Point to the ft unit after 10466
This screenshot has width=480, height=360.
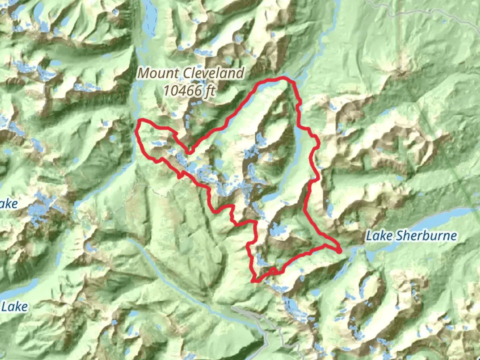tap(209, 91)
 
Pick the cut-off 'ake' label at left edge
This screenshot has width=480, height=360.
tap(9, 204)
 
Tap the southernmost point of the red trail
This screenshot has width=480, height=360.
tap(255, 282)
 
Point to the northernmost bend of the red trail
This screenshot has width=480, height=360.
tap(283, 78)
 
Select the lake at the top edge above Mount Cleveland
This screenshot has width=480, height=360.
tap(150, 13)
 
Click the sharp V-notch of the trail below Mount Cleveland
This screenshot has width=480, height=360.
tap(189, 153)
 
